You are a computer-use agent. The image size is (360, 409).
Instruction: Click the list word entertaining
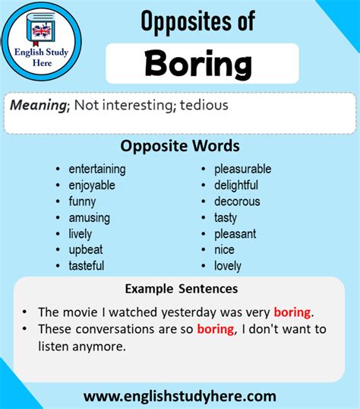coord(97,169)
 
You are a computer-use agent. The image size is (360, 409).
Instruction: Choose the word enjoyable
coord(92,185)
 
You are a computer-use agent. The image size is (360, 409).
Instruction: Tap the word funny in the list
coord(82,201)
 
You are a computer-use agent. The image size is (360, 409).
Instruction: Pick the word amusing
coord(89,217)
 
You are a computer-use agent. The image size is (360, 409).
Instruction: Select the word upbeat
coord(86,249)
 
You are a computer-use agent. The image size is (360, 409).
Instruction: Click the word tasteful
coord(87,266)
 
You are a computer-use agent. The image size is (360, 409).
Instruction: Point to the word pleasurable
coord(242,169)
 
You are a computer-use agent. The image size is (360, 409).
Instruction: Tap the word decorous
coord(237,201)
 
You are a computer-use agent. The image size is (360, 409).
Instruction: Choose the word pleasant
coord(235,233)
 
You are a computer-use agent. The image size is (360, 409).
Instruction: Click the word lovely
coord(228,266)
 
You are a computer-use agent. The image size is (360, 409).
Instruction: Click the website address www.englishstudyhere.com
coord(180,395)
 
